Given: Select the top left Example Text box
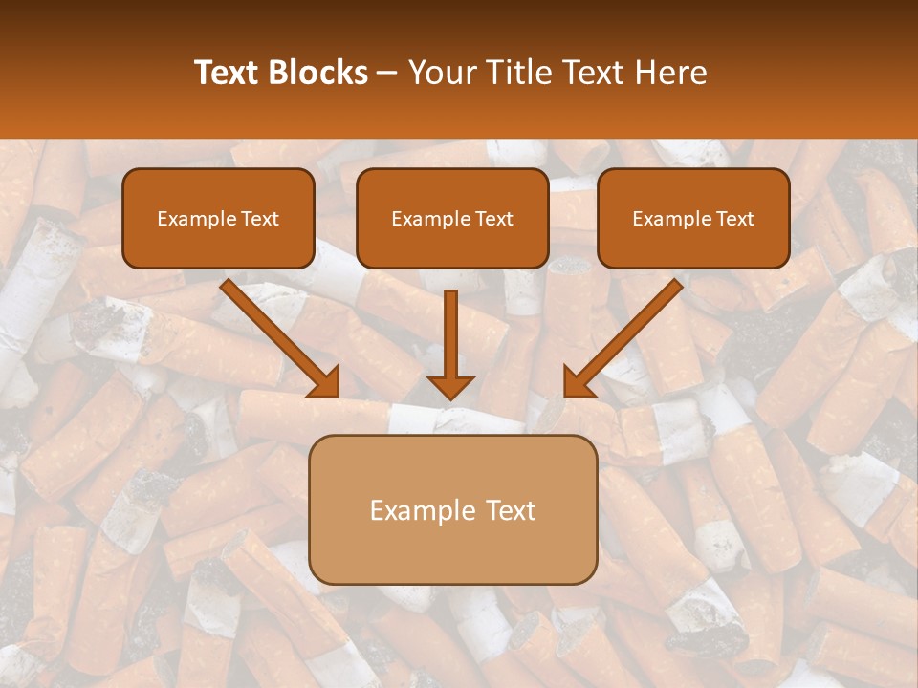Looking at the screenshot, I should point(218,218).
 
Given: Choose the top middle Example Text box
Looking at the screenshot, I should point(452,218).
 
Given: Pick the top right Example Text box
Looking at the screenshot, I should point(693,218).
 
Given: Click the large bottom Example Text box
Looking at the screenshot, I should point(453,509).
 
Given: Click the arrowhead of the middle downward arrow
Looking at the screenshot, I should point(451,386).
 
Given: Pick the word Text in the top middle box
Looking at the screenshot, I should point(493,219).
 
